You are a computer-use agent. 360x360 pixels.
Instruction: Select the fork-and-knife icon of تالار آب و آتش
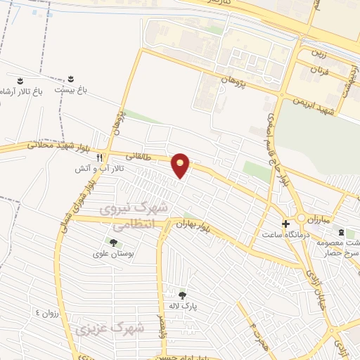[100, 157]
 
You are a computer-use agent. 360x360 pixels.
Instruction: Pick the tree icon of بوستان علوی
[104, 242]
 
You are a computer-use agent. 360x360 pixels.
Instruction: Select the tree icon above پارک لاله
[183, 295]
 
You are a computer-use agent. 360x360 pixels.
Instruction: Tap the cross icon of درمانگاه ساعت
[285, 224]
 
